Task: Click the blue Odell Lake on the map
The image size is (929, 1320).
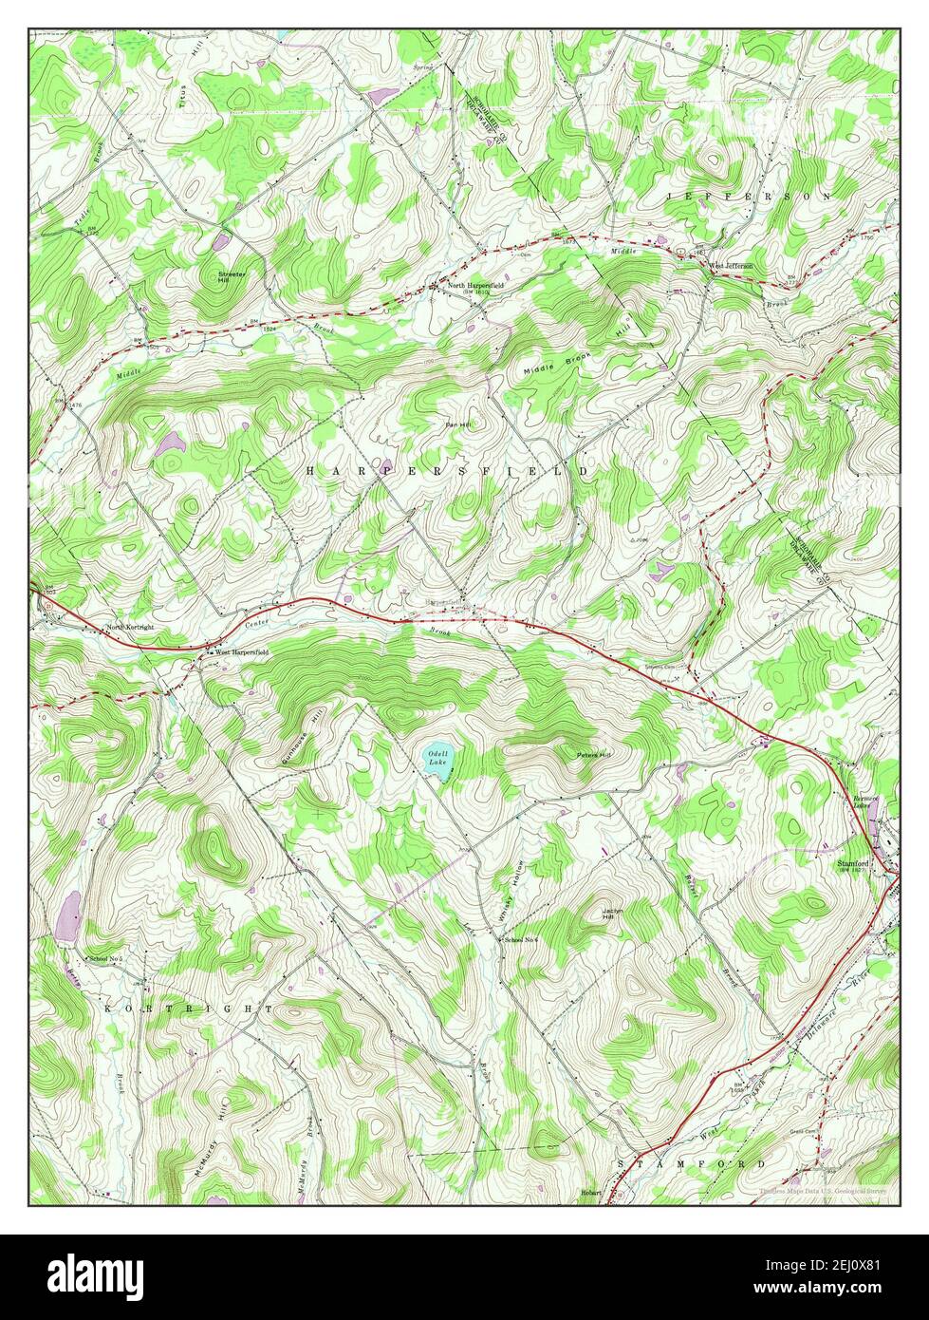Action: (x=438, y=763)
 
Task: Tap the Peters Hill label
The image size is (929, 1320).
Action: (x=595, y=755)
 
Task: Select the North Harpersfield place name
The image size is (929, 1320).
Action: (x=475, y=285)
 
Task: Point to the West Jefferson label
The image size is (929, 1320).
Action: (x=731, y=266)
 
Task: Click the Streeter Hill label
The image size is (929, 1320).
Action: (x=231, y=277)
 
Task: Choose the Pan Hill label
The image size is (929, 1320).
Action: (x=459, y=424)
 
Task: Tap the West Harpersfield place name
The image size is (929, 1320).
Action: (x=242, y=653)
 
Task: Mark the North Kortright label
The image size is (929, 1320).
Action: (x=130, y=628)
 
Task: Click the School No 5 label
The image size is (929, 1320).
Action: (x=107, y=958)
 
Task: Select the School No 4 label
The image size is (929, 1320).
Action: (x=522, y=939)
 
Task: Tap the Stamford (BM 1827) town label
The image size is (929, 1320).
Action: (x=854, y=866)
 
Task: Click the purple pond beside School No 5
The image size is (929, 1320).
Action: (x=67, y=916)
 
